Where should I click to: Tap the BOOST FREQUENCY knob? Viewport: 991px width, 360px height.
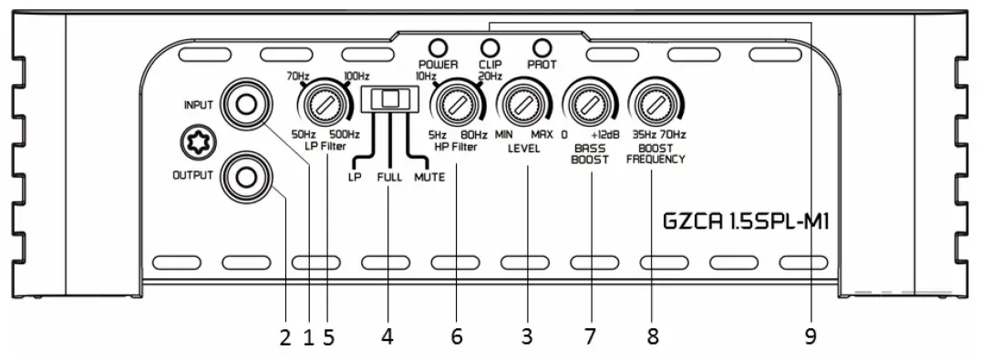pyautogui.click(x=653, y=107)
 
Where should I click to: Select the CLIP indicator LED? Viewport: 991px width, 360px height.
pyautogui.click(x=490, y=47)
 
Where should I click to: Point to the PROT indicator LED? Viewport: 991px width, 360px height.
pyautogui.click(x=542, y=47)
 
